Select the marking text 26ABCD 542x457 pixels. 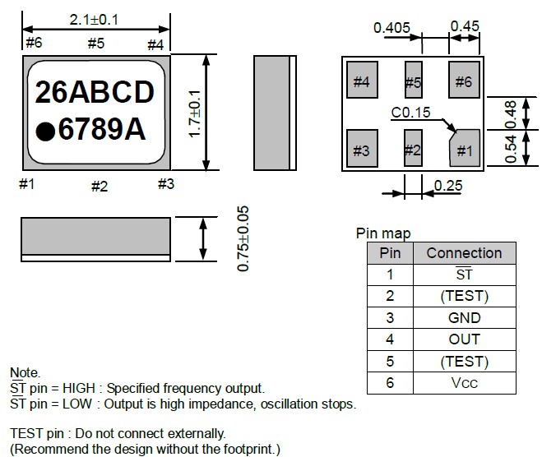coord(94,94)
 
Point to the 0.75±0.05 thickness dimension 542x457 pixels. coord(243,239)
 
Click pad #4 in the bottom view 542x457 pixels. coord(361,81)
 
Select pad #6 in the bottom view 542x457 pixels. coord(464,81)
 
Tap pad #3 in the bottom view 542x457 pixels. coord(361,150)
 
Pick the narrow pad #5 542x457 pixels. coord(413,81)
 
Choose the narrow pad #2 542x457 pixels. coord(413,150)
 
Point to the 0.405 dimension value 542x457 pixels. coord(391,28)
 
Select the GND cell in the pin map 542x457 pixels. coord(464,317)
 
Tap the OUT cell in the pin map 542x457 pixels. coord(464,339)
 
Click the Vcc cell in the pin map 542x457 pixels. coord(464,382)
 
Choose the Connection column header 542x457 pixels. coord(464,252)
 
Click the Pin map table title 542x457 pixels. coord(382,234)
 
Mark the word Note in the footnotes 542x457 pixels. coord(24,373)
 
